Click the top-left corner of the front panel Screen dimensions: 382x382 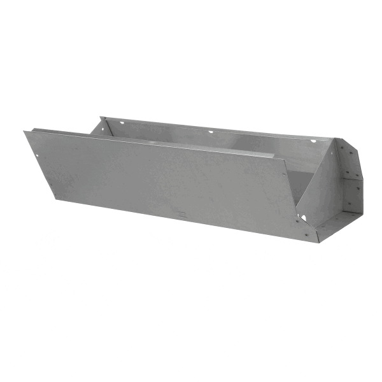25,132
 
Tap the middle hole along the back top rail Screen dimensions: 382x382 211,132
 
